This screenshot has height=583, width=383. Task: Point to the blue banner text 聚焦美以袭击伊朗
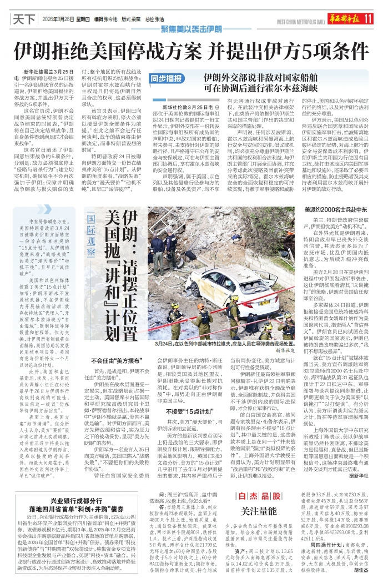point(192,29)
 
